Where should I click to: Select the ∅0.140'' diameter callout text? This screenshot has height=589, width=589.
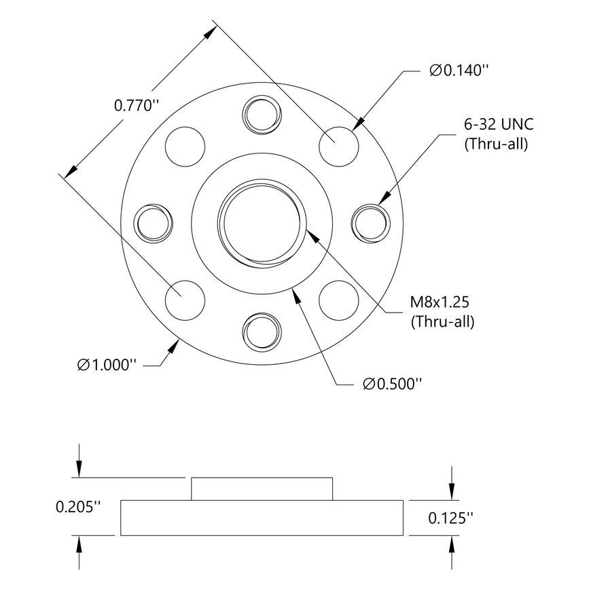pos(459,70)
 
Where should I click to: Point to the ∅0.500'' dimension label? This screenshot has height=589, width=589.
pos(392,385)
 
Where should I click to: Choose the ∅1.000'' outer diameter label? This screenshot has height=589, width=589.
pos(107,365)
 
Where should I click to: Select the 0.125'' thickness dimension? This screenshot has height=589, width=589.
pos(450,518)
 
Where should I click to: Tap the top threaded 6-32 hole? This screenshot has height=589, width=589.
pos(262,113)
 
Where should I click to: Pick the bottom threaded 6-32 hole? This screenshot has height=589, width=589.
pos(262,332)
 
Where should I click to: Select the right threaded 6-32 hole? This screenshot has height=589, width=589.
pos(372,222)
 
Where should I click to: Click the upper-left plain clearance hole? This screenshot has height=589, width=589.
pos(185,145)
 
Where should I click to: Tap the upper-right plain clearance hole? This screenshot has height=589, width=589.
pos(339,145)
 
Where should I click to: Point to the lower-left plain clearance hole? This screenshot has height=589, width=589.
pos(185,299)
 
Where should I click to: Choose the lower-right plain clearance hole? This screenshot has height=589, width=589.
pos(339,299)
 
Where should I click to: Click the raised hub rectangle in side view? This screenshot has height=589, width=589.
pos(262,488)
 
